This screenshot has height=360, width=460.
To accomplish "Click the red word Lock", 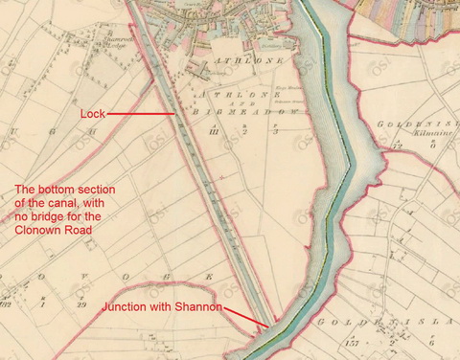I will coord(92,114).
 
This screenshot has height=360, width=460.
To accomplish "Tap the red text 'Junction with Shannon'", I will coord(162,306).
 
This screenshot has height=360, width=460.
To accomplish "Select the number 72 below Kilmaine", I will coord(395,146).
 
